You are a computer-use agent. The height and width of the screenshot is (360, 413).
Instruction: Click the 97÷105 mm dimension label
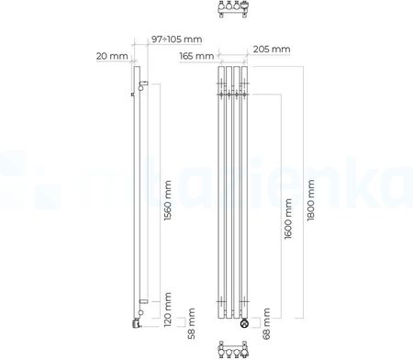tap(176, 39)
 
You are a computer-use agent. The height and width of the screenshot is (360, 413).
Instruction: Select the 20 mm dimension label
tap(112, 56)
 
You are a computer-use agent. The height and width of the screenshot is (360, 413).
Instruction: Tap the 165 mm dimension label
tap(196, 56)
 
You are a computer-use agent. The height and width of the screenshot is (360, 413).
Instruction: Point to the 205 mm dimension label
tap(272, 49)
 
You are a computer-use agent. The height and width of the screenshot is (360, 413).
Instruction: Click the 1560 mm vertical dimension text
tap(168, 200)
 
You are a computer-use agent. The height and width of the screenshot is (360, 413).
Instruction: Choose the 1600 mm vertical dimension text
tap(288, 219)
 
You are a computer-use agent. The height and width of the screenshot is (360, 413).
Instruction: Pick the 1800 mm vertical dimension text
tap(310, 200)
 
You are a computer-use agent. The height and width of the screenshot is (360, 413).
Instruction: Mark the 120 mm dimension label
tap(168, 309)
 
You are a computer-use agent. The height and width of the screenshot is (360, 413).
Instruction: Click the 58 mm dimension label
tap(192, 323)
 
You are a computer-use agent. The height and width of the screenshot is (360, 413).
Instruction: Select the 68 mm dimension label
tap(266, 323)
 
